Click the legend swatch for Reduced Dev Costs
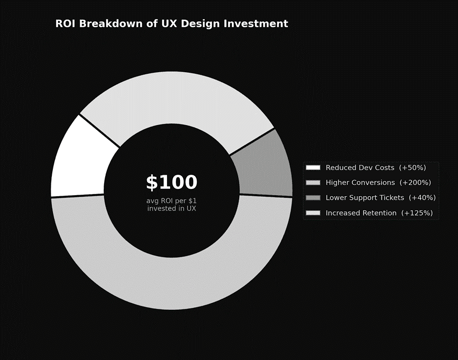click(313, 167)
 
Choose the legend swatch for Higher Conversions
click(313, 183)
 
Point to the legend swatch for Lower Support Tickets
click(313, 198)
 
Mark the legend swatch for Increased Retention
click(313, 213)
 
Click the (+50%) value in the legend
click(412, 167)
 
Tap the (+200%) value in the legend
click(415, 183)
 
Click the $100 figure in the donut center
click(172, 183)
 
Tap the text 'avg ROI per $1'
click(172, 200)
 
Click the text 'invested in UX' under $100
click(172, 208)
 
